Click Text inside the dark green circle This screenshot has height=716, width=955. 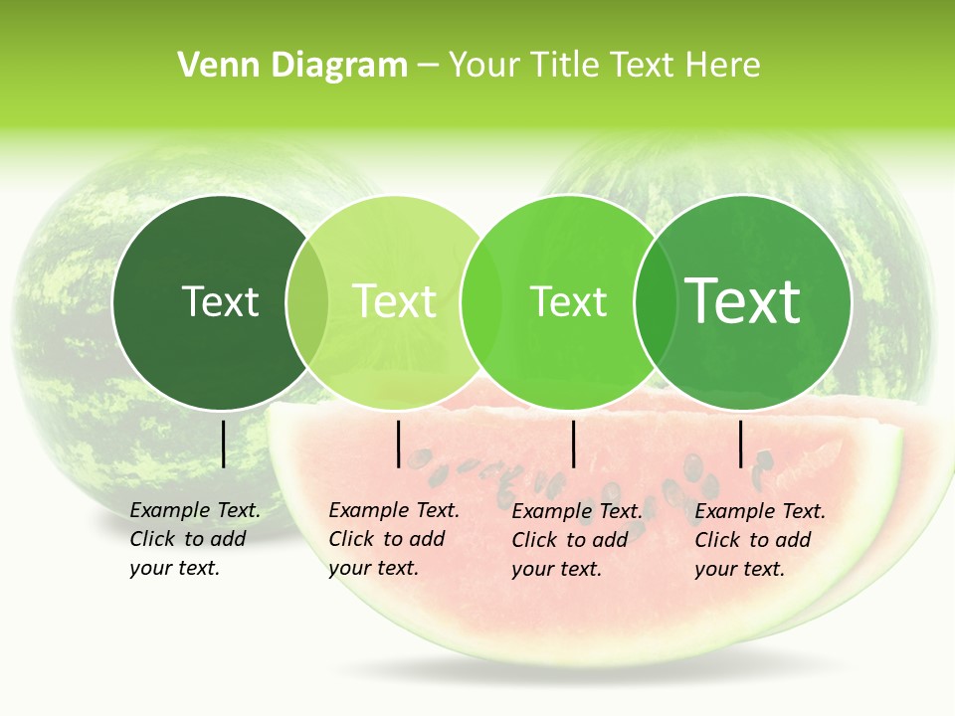point(220,301)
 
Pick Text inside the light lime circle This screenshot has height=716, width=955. point(394,301)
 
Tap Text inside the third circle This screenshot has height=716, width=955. point(568,301)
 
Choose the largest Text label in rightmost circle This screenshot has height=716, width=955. point(743,301)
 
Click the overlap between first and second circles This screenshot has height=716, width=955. point(307,302)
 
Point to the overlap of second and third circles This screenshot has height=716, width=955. point(481,302)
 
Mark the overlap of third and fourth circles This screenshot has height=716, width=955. point(656,302)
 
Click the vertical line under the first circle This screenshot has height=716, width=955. point(223,444)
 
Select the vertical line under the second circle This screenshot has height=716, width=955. point(398,444)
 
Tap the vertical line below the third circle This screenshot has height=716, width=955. point(573,444)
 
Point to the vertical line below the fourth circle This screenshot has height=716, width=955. point(740,444)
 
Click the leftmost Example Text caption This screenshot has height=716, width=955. point(195,539)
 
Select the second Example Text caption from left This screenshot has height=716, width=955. point(394,539)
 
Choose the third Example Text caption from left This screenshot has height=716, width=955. point(577,540)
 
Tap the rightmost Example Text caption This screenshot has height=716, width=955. point(760,540)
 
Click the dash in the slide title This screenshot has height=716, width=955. point(428,67)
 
